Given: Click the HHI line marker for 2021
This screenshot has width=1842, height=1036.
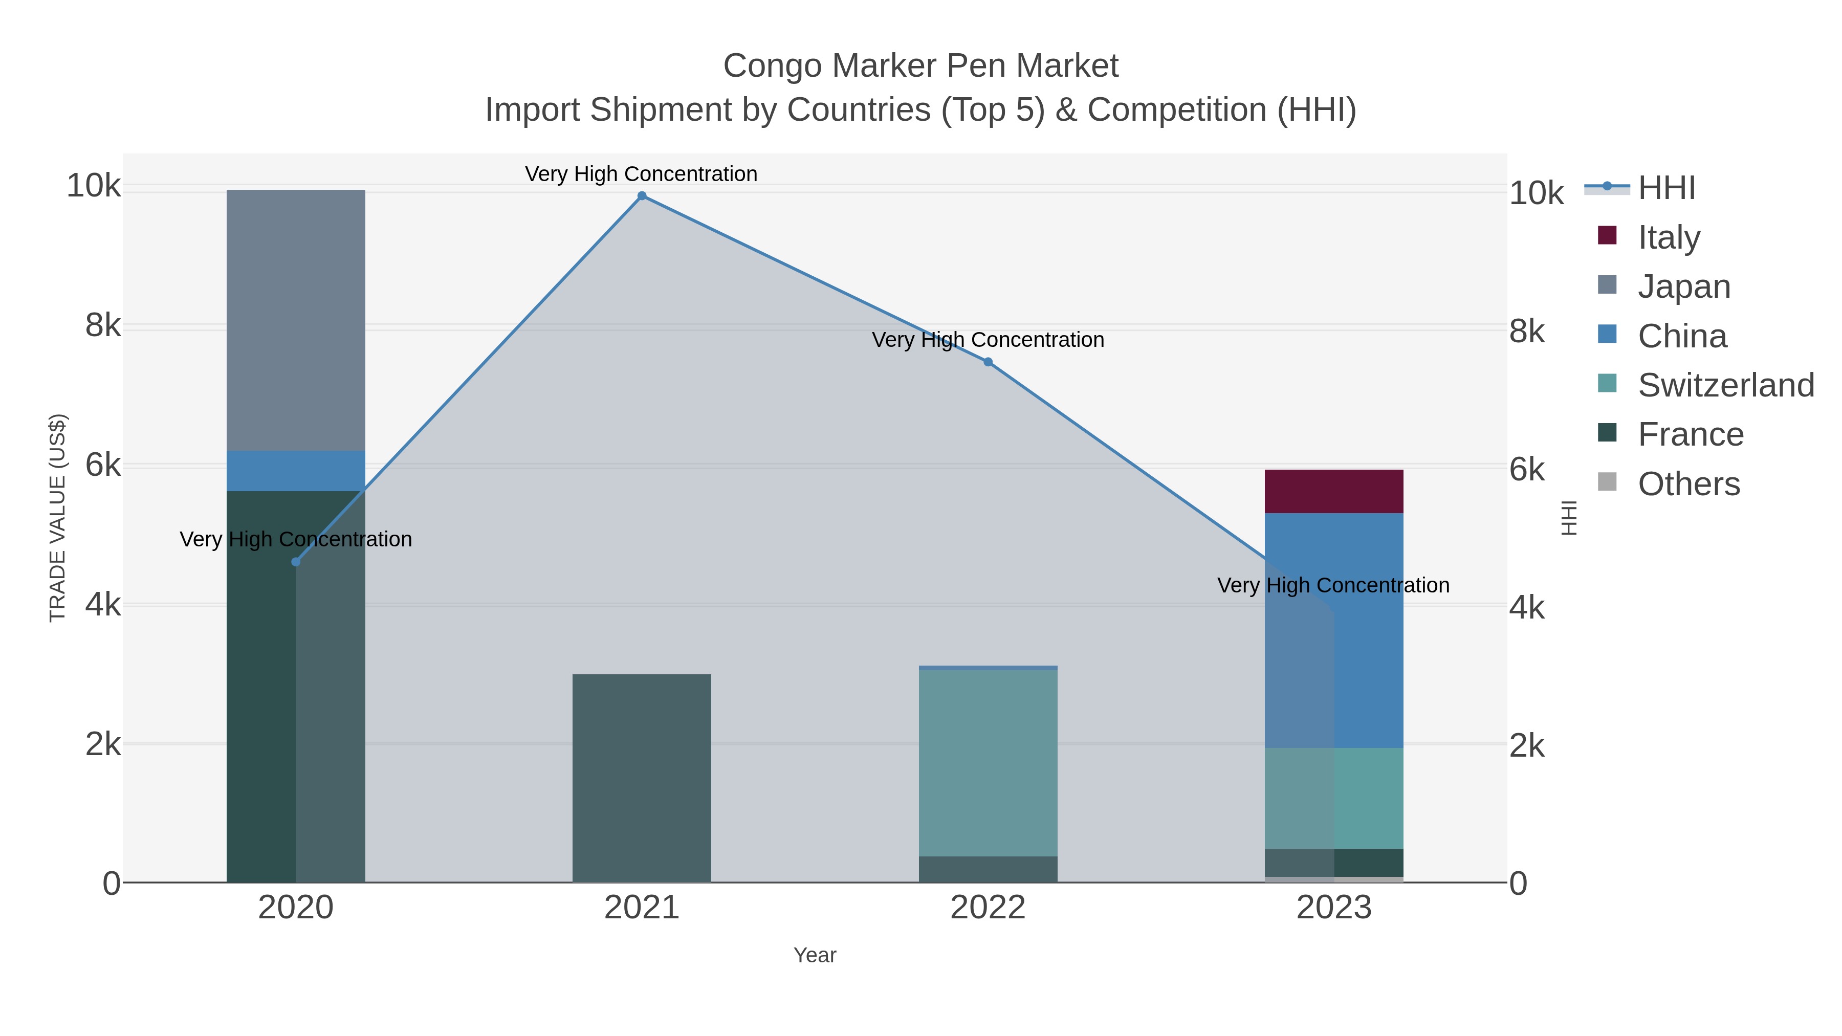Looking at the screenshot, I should coord(642,196).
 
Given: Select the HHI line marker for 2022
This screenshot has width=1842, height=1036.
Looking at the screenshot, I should coord(988,362).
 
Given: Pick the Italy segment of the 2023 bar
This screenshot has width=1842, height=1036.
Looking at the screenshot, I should coord(1333,491).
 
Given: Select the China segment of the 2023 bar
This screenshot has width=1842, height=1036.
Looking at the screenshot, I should coord(1333,629).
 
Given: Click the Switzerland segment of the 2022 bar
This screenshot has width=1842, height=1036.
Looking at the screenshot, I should coord(988,762).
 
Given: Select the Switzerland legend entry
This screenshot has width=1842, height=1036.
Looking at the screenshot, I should coord(1725,385).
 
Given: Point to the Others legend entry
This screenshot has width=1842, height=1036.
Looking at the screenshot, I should coord(1689,483).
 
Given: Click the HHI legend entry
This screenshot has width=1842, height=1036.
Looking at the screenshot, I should coord(1666,188).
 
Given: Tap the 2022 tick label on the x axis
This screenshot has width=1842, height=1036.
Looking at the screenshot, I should coord(988,907).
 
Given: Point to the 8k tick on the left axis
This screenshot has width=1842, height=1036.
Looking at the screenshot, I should coord(103,325).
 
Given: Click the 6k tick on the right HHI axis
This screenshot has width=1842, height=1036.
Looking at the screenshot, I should coord(1527,470).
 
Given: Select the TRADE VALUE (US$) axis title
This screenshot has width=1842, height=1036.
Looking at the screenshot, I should coord(57,518).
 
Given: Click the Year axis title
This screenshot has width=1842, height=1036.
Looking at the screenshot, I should coord(815,955).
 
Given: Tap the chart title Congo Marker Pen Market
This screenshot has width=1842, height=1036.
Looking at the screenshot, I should coord(920,66).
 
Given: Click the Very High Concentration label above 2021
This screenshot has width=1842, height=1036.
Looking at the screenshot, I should coord(642,174).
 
